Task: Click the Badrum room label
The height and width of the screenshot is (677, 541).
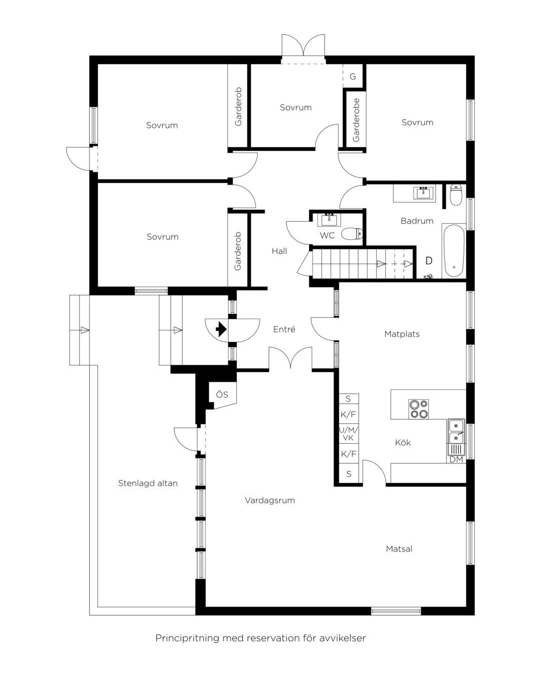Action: click(417, 221)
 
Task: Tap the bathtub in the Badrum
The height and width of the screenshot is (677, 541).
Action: click(454, 251)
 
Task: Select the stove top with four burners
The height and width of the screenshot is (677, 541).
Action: click(418, 409)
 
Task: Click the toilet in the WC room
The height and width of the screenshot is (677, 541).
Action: click(352, 234)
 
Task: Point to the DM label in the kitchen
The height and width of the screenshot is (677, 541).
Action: click(456, 459)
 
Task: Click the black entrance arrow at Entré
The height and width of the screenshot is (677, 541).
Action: click(221, 329)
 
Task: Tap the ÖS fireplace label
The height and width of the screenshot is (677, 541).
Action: click(222, 394)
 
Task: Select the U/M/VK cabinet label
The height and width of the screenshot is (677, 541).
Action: click(348, 434)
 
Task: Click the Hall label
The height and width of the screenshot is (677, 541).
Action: click(279, 251)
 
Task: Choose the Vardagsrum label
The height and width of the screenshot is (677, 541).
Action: click(269, 500)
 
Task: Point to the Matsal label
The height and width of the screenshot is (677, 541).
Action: click(399, 549)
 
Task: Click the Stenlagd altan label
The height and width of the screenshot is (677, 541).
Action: click(148, 483)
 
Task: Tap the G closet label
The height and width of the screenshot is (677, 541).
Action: click(353, 76)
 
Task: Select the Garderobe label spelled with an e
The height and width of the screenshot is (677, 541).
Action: click(356, 120)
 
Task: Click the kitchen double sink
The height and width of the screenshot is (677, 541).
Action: click(456, 431)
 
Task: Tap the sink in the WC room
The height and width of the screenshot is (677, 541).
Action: click(329, 220)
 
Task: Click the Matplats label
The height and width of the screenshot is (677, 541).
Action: click(402, 334)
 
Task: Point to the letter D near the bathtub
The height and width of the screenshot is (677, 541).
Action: click(429, 260)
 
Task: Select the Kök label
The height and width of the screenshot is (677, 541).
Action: click(403, 442)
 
